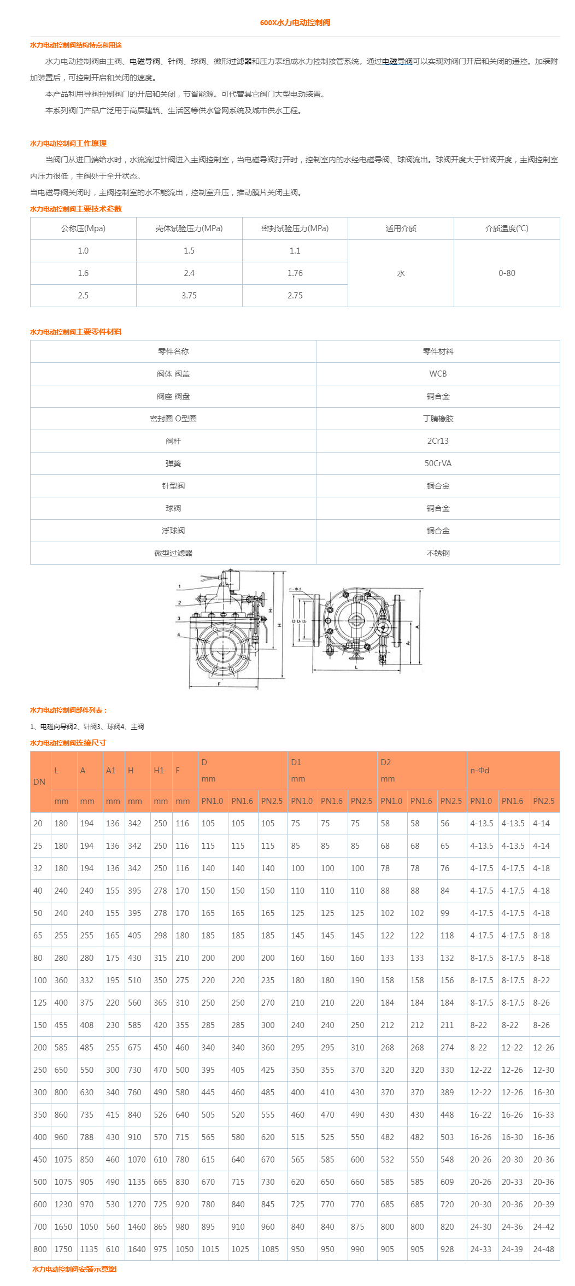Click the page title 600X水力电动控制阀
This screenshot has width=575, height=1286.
pyautogui.click(x=295, y=22)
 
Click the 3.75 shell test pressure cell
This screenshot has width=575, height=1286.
pyautogui.click(x=189, y=295)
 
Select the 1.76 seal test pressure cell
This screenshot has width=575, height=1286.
pyautogui.click(x=295, y=273)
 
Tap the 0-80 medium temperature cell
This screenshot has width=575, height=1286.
pyautogui.click(x=506, y=273)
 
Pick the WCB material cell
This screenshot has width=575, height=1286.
pyautogui.click(x=438, y=373)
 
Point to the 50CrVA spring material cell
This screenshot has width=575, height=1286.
pyautogui.click(x=438, y=463)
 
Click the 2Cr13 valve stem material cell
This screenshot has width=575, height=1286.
pyautogui.click(x=438, y=441)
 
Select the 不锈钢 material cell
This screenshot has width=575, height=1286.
pyautogui.click(x=438, y=553)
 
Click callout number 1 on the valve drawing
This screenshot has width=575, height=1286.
pyautogui.click(x=179, y=586)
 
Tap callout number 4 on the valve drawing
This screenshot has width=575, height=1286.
pyautogui.click(x=179, y=635)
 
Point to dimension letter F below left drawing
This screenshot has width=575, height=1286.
pyautogui.click(x=219, y=684)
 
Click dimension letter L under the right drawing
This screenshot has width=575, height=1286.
pyautogui.click(x=356, y=667)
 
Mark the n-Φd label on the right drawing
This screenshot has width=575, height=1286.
pyautogui.click(x=295, y=589)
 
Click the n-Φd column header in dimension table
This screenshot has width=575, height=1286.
pyautogui.click(x=479, y=770)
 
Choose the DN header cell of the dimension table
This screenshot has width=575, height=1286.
pyautogui.click(x=39, y=782)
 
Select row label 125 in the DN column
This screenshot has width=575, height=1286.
pyautogui.click(x=40, y=1002)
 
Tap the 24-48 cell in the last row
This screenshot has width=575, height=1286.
pyautogui.click(x=543, y=1249)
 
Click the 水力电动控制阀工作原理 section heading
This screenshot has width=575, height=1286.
pyautogui.click(x=68, y=143)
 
